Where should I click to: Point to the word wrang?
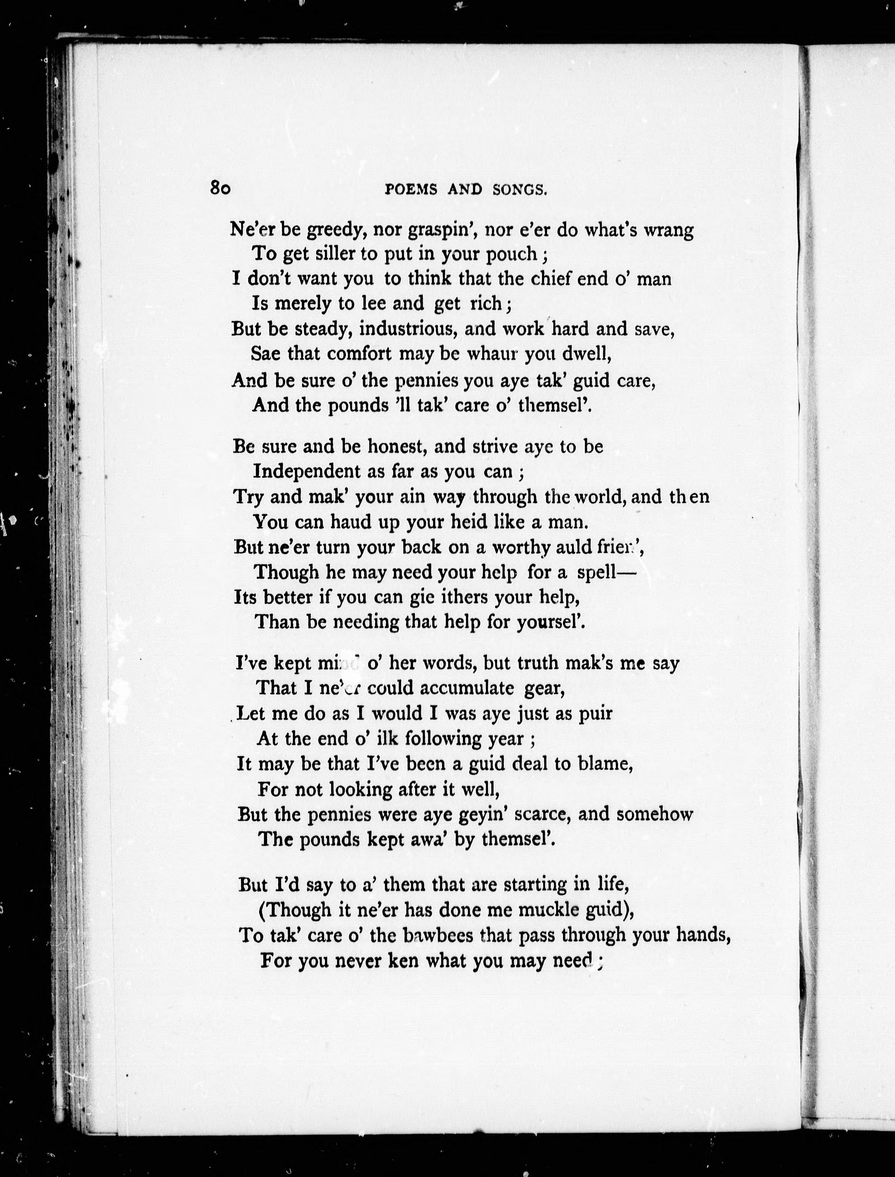669,230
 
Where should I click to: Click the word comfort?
359,353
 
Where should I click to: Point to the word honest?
397,447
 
